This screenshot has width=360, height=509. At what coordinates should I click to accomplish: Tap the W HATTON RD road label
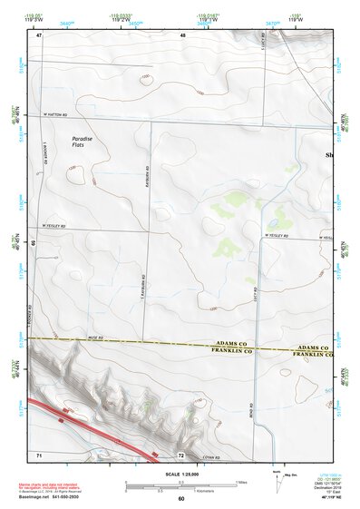coord(58,116)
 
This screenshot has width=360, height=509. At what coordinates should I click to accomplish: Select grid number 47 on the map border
coord(39,35)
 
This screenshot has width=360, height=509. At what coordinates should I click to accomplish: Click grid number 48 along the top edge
coord(181,35)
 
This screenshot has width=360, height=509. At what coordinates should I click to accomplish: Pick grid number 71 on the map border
coord(39,453)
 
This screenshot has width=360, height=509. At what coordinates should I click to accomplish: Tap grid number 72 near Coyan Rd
coord(181,453)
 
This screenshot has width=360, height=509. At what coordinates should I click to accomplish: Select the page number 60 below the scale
coord(180,498)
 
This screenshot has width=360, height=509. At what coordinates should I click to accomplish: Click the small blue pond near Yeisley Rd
coord(272,221)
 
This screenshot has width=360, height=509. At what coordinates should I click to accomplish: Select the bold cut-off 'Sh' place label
coord(329,156)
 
